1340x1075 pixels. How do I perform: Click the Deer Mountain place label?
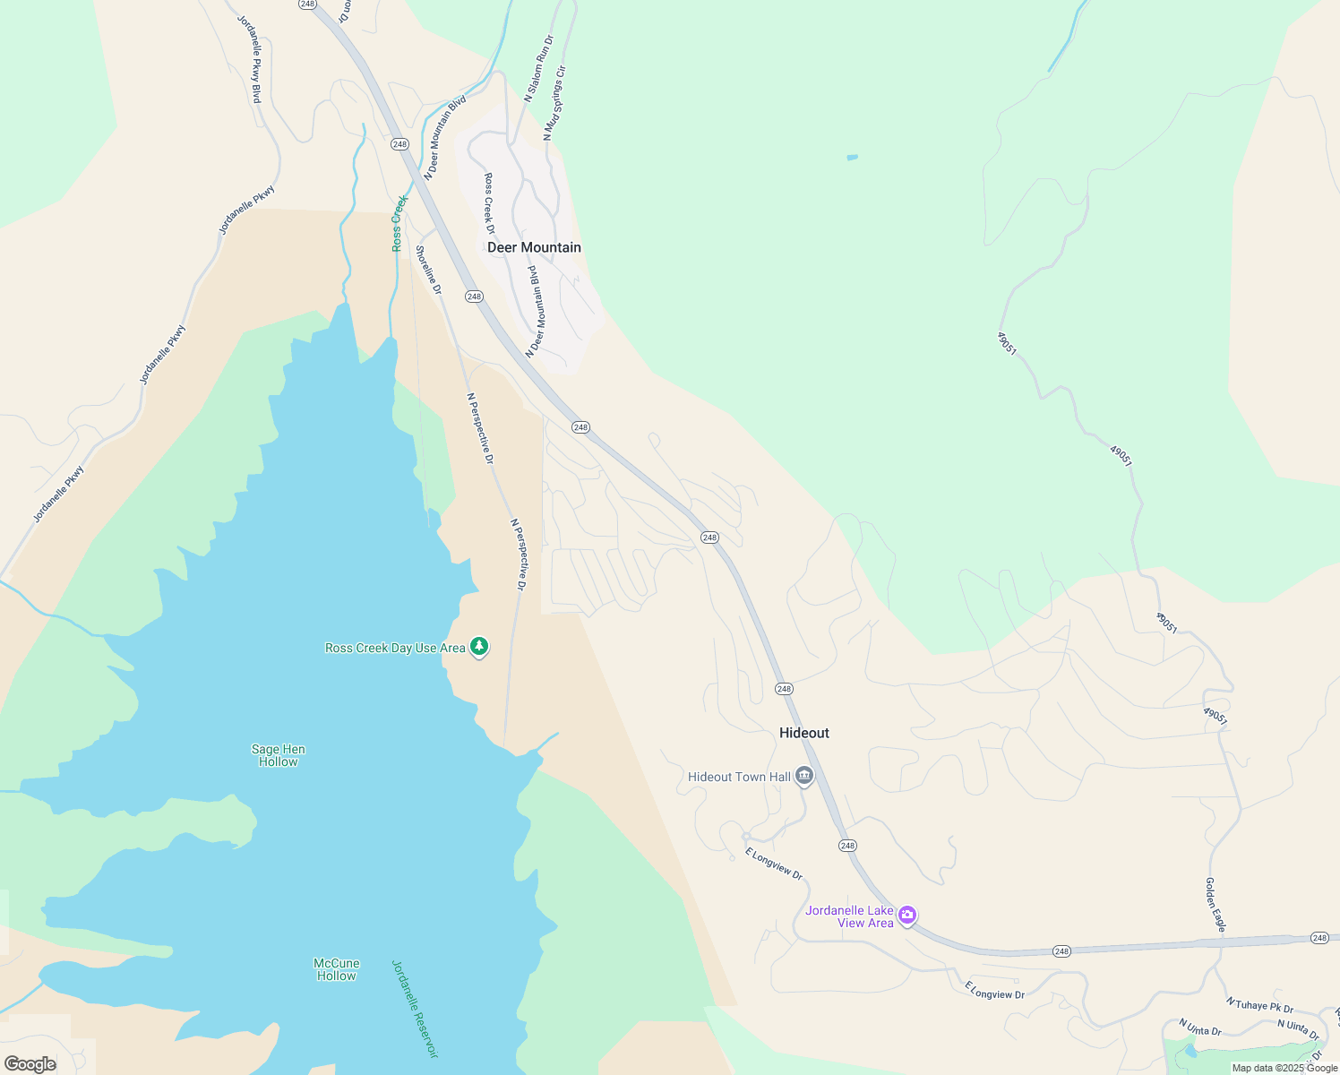click(x=534, y=247)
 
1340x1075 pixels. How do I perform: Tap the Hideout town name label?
click(x=803, y=733)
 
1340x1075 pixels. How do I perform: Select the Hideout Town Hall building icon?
click(x=804, y=776)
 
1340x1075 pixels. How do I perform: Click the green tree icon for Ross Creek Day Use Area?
click(x=479, y=646)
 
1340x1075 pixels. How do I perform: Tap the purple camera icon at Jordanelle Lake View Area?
click(x=907, y=915)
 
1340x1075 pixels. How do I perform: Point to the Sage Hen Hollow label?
click(x=278, y=755)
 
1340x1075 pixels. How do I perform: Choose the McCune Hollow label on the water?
click(x=336, y=969)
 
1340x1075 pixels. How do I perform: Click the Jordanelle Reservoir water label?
click(x=415, y=1009)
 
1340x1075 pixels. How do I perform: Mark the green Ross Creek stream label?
click(x=398, y=223)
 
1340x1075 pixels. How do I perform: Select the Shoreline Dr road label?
click(x=428, y=269)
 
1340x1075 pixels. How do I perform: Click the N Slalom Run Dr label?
click(x=539, y=69)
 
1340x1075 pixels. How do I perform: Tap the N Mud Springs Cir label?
click(x=554, y=103)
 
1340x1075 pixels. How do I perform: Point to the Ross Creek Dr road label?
click(x=489, y=203)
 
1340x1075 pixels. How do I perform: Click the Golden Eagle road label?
click(x=1215, y=905)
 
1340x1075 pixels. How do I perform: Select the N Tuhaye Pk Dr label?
click(x=1259, y=1005)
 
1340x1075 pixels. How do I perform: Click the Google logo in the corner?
click(x=30, y=1064)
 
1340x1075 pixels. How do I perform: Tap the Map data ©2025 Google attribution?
click(x=1284, y=1068)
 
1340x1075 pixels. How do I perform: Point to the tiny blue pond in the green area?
click(x=852, y=158)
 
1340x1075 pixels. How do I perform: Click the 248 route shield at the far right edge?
click(x=1319, y=938)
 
